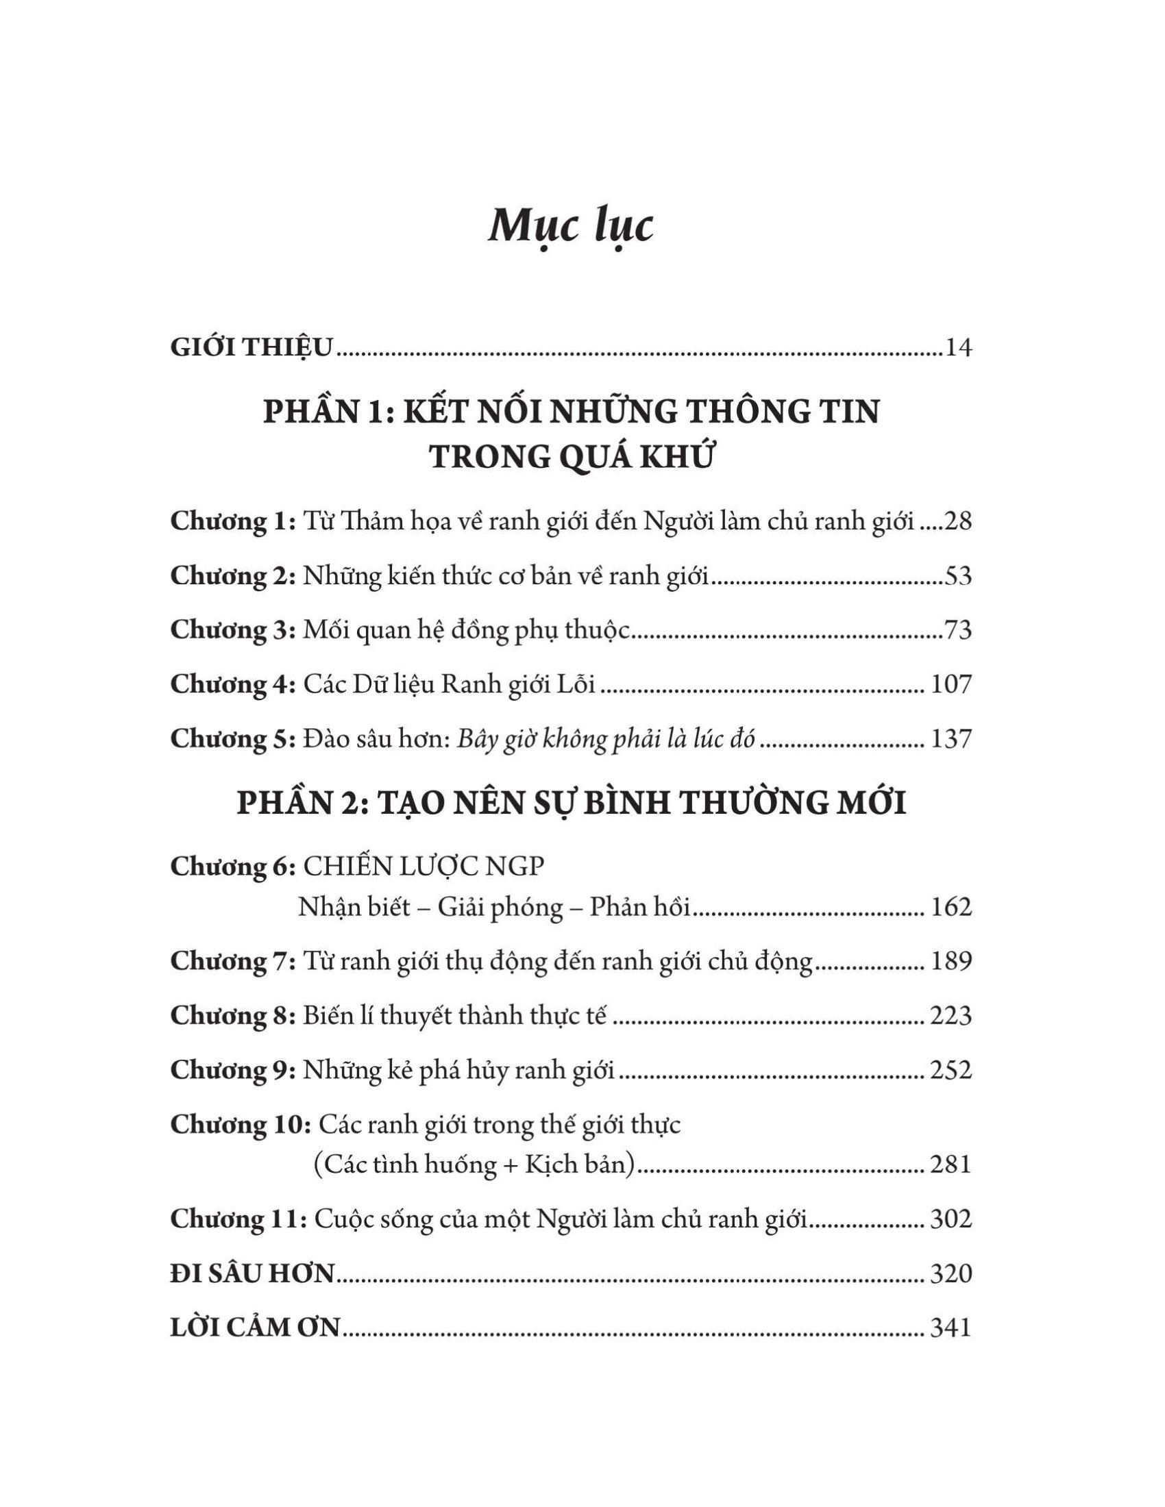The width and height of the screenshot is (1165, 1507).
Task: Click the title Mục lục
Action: [x=571, y=225]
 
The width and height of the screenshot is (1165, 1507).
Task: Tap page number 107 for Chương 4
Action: [x=951, y=684]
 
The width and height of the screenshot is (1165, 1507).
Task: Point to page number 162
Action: [x=951, y=907]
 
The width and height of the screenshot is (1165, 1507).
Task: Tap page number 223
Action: [x=951, y=1016]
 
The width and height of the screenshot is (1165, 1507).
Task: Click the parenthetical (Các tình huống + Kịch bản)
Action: [x=474, y=1164]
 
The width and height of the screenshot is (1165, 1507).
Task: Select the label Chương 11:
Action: [x=238, y=1219]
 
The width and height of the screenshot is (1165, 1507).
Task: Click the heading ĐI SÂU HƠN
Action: [x=252, y=1274]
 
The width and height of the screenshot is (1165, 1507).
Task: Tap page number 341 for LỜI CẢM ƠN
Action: [x=951, y=1328]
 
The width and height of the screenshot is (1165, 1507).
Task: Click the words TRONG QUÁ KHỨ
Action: [x=571, y=458]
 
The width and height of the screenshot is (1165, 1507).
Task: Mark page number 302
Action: [x=951, y=1219]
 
